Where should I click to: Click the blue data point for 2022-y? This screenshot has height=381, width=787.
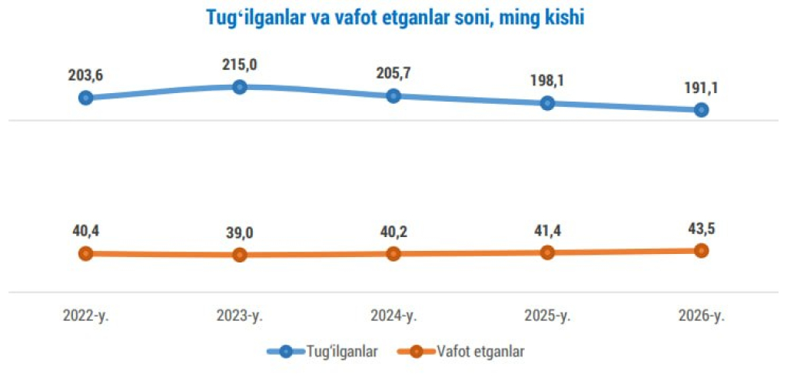[86, 98]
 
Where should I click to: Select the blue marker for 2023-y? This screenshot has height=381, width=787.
[240, 87]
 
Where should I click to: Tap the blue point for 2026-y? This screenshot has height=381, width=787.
[701, 110]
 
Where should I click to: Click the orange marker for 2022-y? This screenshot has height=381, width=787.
[86, 253]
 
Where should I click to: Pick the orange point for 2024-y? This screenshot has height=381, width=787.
[393, 253]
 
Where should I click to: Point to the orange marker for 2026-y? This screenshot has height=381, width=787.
[701, 250]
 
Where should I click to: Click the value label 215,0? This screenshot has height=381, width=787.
[240, 65]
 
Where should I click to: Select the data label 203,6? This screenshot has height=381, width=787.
[86, 75]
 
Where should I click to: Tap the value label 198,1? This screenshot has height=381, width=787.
[547, 81]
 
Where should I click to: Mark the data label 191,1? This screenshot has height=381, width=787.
[701, 88]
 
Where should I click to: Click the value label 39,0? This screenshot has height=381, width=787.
[240, 232]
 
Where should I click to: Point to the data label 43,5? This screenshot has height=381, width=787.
[701, 228]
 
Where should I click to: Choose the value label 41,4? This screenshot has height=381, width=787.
[547, 230]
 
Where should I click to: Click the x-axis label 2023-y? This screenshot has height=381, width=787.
[240, 316]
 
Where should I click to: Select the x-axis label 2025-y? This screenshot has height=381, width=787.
[547, 316]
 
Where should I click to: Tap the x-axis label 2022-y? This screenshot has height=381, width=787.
[86, 316]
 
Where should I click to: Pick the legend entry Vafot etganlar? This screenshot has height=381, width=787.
[480, 352]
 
